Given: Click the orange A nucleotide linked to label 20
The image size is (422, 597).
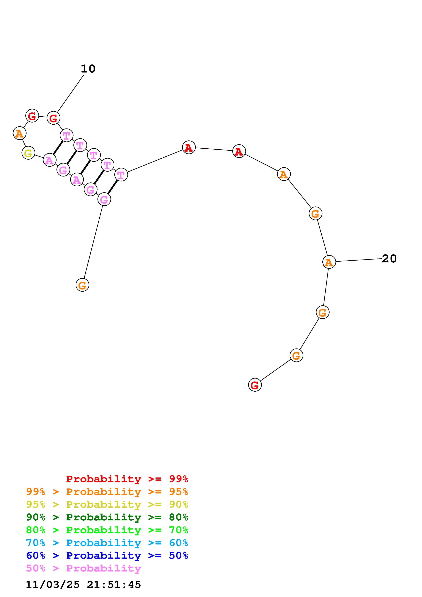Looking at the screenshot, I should coord(329,262).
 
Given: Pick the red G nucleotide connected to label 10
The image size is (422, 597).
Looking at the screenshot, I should coord(53,118).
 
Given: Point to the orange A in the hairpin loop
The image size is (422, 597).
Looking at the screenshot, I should coord(20,133).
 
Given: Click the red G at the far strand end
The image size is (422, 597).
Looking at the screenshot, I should coord(255,385).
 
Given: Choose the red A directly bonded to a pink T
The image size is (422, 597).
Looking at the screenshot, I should coord(189,147).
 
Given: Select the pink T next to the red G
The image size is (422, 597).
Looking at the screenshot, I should coord(67,135).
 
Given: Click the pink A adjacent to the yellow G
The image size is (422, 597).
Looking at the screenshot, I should coord(49,160).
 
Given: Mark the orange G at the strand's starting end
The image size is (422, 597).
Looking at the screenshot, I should coord(82,285).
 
